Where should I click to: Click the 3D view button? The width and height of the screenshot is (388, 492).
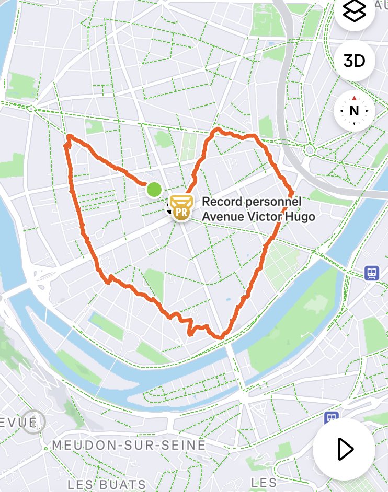click(354, 61)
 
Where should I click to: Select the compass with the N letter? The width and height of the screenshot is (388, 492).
click(354, 111)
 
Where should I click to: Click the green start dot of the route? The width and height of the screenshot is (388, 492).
click(154, 190)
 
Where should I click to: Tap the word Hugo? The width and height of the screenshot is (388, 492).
click(301, 216)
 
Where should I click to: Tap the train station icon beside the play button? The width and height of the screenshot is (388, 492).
click(331, 418)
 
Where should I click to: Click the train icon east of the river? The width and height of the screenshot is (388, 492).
click(372, 272)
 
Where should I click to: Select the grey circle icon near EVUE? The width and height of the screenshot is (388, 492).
click(34, 421)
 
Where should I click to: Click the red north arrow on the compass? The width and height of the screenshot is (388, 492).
click(354, 98)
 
